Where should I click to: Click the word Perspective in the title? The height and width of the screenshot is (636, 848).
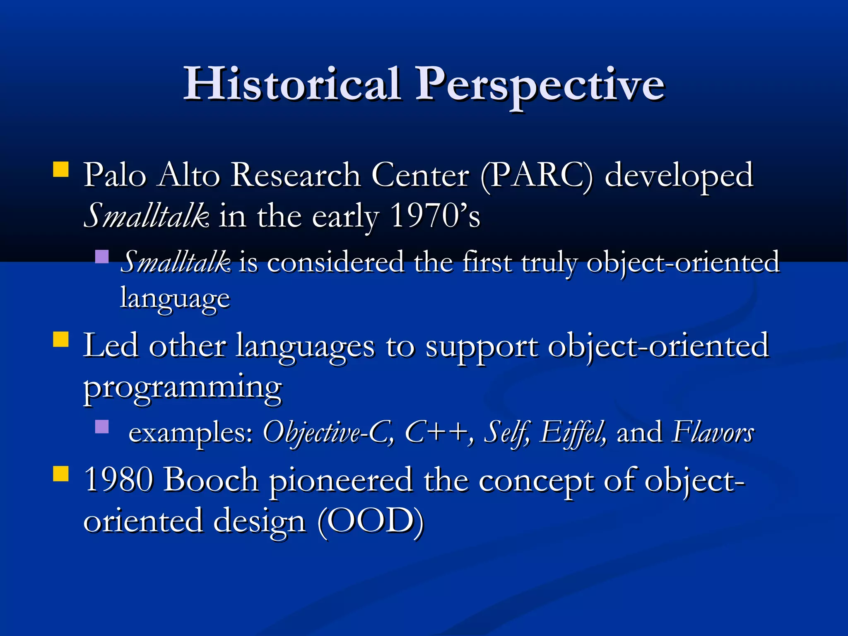[540, 85]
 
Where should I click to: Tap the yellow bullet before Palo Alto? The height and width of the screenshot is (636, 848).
[61, 170]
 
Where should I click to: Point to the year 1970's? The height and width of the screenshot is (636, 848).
[435, 216]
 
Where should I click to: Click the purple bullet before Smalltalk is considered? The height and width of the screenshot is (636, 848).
[101, 257]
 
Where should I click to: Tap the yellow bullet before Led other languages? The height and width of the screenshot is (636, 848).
[61, 339]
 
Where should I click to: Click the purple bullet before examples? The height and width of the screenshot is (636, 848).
[101, 426]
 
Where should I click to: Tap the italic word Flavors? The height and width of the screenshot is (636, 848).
[713, 432]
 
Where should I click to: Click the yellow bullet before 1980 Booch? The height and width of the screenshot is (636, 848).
[61, 474]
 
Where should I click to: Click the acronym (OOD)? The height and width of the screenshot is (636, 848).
[371, 521]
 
